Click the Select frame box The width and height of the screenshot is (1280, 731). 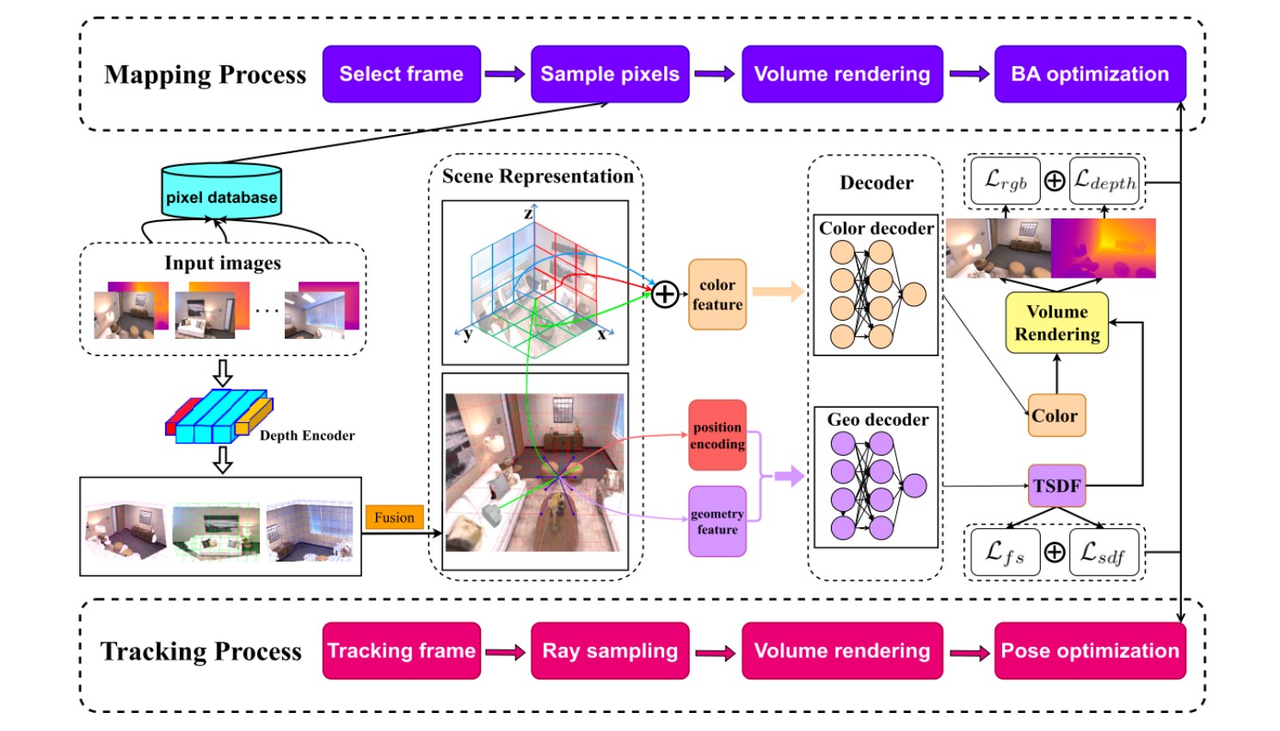[x=401, y=74]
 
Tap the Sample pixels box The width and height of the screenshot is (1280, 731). [x=610, y=74]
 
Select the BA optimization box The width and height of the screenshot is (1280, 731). [x=1090, y=74]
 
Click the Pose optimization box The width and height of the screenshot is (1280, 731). [x=1090, y=651]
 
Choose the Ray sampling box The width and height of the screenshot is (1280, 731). [x=610, y=651]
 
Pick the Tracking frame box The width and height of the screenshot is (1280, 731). [x=401, y=651]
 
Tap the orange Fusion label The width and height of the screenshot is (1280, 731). [x=394, y=517]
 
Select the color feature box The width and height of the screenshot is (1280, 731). [x=717, y=294]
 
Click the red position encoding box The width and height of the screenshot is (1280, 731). [x=717, y=435]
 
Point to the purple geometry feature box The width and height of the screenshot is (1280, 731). [x=717, y=521]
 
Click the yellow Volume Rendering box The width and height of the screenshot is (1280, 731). [x=1056, y=322]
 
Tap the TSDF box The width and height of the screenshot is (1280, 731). [x=1056, y=486]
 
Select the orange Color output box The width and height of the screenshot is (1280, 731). [x=1055, y=415]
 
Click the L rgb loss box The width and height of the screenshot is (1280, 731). [x=1005, y=181]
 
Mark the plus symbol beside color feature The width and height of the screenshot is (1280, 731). [x=664, y=295]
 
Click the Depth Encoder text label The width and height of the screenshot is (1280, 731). [x=307, y=435]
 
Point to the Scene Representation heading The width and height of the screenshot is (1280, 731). [x=538, y=176]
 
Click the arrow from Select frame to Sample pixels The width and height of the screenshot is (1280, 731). [x=505, y=74]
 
